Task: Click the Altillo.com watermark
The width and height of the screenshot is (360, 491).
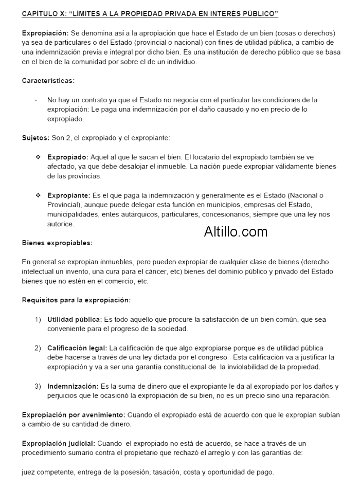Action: click(236, 232)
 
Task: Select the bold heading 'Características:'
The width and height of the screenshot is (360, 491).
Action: click(48, 81)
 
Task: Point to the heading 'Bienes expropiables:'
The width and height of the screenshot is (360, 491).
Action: click(57, 242)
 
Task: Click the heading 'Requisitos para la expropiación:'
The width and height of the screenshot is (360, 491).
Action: click(76, 300)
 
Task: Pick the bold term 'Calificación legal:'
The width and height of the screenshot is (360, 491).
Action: click(77, 348)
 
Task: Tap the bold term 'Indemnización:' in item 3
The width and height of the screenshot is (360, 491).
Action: click(73, 386)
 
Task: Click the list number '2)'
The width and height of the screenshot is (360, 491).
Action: click(38, 348)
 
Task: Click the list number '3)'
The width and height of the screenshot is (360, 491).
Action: click(38, 386)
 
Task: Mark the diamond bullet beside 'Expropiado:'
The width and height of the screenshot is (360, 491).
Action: click(38, 157)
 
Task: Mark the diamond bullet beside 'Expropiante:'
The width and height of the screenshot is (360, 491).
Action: click(38, 195)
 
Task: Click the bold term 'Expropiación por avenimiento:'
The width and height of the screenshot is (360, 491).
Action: click(74, 414)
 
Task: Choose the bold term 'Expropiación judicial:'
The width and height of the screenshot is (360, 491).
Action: click(58, 443)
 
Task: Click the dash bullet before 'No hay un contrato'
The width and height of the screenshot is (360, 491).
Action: click(35, 100)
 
